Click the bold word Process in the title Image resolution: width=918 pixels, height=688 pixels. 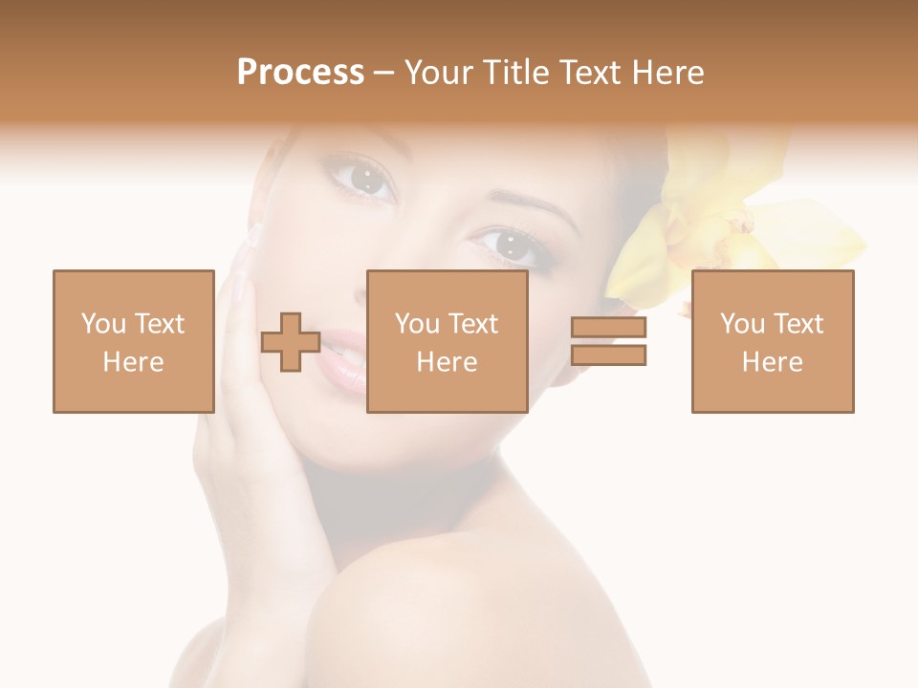[x=300, y=73]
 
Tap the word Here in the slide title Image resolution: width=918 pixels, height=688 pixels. [x=668, y=73]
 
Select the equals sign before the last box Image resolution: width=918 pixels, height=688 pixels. [x=608, y=341]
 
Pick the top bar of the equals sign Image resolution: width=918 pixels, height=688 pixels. [x=608, y=328]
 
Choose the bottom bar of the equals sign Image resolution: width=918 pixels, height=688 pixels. [x=608, y=355]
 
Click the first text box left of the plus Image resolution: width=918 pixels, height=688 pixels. [x=134, y=341]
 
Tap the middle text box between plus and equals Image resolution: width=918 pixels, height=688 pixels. [x=447, y=341]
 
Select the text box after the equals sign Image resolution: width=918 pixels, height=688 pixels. [x=772, y=341]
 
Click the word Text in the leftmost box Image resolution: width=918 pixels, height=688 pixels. [x=158, y=324]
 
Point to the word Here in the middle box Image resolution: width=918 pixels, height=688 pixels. [x=447, y=362]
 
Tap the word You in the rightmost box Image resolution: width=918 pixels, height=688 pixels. [x=742, y=324]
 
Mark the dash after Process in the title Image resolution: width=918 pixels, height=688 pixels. [x=383, y=73]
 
